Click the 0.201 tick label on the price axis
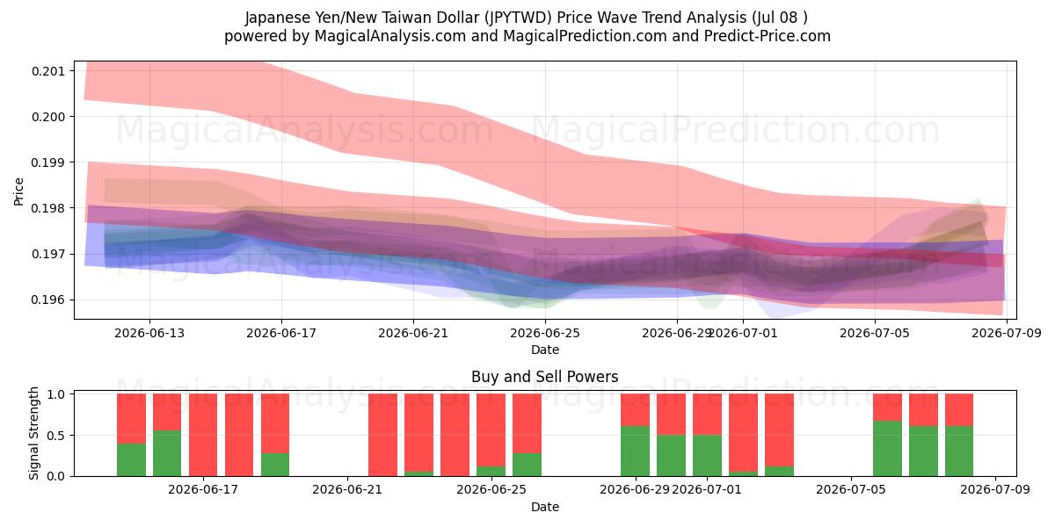(48, 71)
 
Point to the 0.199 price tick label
(48, 162)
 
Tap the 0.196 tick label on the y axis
(48, 300)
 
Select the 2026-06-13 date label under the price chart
(149, 333)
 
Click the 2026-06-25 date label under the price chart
(545, 333)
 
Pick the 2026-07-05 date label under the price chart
(875, 333)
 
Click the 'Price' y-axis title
(18, 191)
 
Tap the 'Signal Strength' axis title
(33, 433)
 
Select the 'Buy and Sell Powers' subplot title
(545, 377)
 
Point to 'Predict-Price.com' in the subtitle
(768, 36)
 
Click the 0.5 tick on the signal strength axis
(56, 436)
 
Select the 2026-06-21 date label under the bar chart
(347, 490)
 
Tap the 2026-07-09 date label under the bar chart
(995, 490)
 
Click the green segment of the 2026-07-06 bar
(887, 449)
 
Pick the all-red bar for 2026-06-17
(203, 435)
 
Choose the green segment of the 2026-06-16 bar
(167, 453)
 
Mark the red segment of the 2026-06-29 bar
(636, 410)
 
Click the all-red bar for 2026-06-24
(455, 435)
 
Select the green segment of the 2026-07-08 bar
(959, 451)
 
